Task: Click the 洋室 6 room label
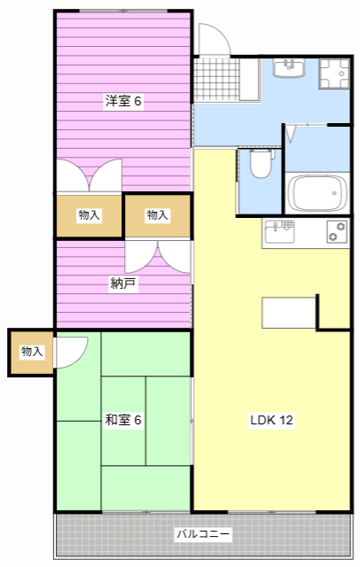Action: coord(123,101)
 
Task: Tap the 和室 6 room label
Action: coord(123,419)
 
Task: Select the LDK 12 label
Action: coord(270,419)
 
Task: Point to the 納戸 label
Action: coord(123,283)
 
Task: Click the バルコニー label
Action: coord(203,534)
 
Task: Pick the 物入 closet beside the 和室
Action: coord(31,352)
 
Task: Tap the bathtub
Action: coord(317,190)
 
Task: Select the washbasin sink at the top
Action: coord(288,68)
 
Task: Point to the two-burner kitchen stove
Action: coord(337,233)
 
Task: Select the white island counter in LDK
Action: coord(289,314)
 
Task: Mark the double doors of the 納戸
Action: coord(157,257)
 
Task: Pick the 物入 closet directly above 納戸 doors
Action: coord(157,215)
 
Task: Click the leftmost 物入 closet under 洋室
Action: coord(89,215)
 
